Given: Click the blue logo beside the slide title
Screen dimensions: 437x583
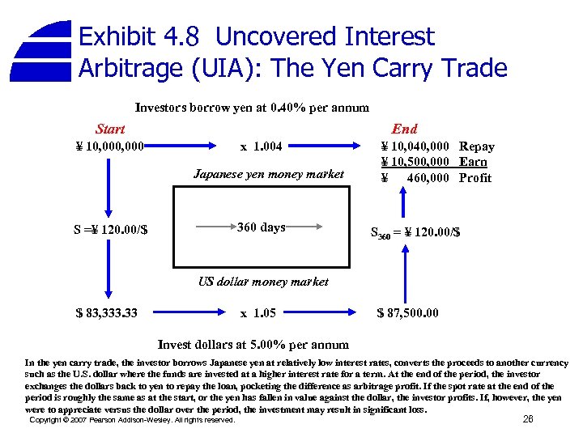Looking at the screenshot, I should (44, 51).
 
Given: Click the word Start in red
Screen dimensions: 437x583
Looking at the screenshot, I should (110, 129).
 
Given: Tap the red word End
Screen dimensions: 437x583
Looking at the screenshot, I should (404, 129).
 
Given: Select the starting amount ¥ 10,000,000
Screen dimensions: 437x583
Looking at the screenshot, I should (110, 146).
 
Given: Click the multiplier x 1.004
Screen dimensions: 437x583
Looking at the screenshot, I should (261, 146).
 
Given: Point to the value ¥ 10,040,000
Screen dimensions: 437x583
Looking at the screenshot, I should (415, 146).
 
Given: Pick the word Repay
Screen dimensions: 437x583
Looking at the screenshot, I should (476, 146).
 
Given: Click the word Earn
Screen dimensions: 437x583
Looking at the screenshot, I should (473, 162).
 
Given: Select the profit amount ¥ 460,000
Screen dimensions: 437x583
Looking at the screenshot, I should (415, 178).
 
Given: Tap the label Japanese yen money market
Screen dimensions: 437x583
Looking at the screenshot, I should (269, 174).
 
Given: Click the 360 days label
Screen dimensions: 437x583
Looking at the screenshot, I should (261, 227).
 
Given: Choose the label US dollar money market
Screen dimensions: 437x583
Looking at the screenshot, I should (263, 282).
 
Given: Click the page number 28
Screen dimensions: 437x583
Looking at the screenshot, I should (528, 419).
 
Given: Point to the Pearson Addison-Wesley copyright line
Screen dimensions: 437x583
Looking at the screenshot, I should (132, 420).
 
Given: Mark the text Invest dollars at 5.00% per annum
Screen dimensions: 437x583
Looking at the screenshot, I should (253, 344).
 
